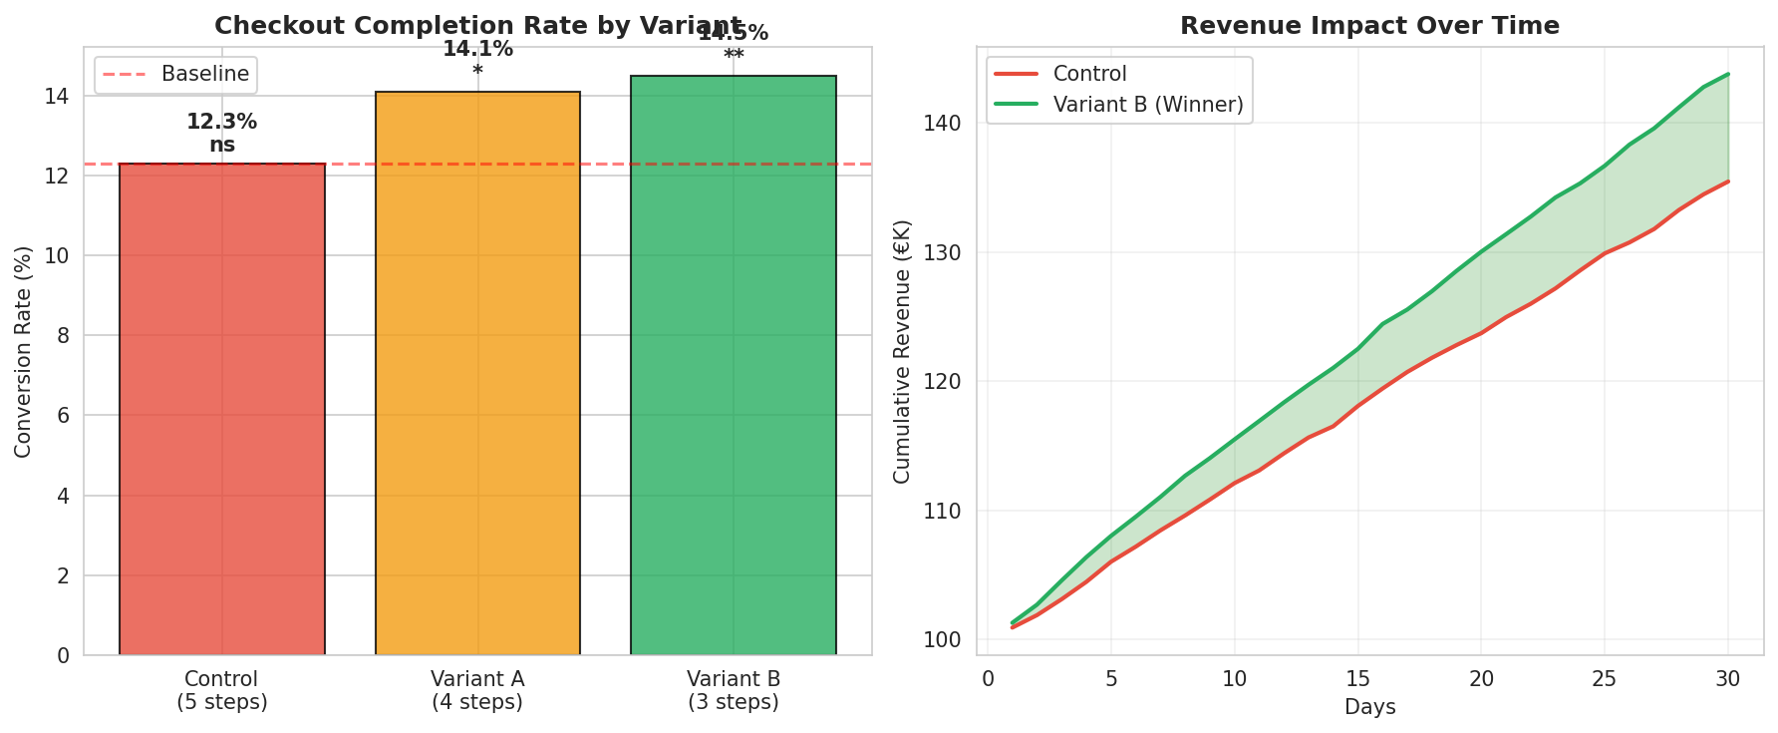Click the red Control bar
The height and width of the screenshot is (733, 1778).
pyautogui.click(x=221, y=409)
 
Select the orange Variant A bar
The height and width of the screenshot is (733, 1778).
pyautogui.click(x=477, y=374)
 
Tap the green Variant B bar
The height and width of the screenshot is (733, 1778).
pyautogui.click(x=734, y=366)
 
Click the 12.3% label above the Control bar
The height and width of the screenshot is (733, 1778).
pyautogui.click(x=221, y=123)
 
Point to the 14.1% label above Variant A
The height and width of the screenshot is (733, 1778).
pyautogui.click(x=477, y=49)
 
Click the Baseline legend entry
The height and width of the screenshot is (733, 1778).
pyautogui.click(x=176, y=74)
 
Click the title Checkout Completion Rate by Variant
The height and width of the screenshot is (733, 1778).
pyautogui.click(x=477, y=26)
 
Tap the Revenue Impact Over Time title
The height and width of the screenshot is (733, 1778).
pyautogui.click(x=1369, y=26)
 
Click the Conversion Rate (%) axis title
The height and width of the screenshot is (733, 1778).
pyautogui.click(x=24, y=351)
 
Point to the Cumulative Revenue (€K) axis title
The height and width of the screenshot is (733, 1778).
pyautogui.click(x=902, y=351)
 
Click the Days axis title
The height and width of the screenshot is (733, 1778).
pyautogui.click(x=1369, y=708)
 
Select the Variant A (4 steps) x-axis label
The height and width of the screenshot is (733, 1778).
pyautogui.click(x=477, y=690)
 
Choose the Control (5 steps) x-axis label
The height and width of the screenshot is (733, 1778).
pyautogui.click(x=221, y=690)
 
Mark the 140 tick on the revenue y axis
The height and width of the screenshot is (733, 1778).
pyautogui.click(x=948, y=124)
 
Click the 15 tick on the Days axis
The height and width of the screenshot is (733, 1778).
pyautogui.click(x=1357, y=679)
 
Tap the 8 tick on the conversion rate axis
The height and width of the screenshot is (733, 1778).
pyautogui.click(x=63, y=336)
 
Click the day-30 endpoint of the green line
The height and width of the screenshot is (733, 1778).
pyautogui.click(x=1727, y=74)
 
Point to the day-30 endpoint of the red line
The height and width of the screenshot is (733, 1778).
pyautogui.click(x=1727, y=182)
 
